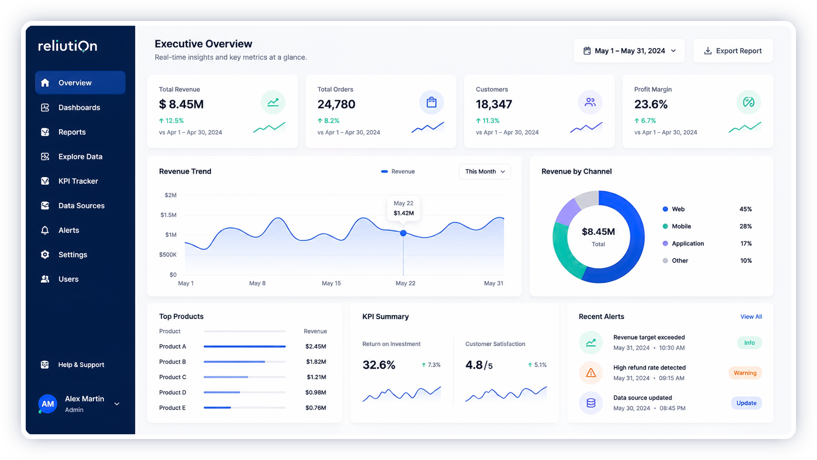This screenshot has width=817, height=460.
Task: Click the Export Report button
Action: tap(733, 51)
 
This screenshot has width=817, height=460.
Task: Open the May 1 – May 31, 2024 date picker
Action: tap(629, 51)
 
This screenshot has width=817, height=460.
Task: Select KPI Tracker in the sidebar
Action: tap(78, 181)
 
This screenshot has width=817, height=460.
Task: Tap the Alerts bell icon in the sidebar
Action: tap(45, 230)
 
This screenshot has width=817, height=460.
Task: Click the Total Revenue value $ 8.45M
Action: tap(181, 104)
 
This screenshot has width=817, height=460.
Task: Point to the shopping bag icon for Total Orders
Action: tap(431, 102)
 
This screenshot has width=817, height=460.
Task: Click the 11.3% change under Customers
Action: tap(488, 121)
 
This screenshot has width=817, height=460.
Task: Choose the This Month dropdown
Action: tap(485, 171)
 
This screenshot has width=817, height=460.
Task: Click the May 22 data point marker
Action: tap(403, 233)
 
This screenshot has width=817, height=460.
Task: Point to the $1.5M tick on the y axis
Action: tap(169, 215)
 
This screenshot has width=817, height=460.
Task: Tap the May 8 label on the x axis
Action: tap(258, 283)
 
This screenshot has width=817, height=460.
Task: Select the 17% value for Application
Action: tap(746, 244)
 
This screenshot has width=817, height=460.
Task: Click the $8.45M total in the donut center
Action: tap(598, 232)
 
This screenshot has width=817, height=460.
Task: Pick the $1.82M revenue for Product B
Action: tap(316, 362)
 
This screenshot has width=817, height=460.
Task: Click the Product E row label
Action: tap(172, 408)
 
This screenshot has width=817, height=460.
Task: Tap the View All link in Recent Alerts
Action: tap(751, 317)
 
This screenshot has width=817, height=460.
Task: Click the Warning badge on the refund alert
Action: tap(745, 373)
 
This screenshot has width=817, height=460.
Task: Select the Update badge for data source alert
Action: tap(747, 403)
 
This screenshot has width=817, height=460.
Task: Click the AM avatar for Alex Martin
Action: tap(48, 404)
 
